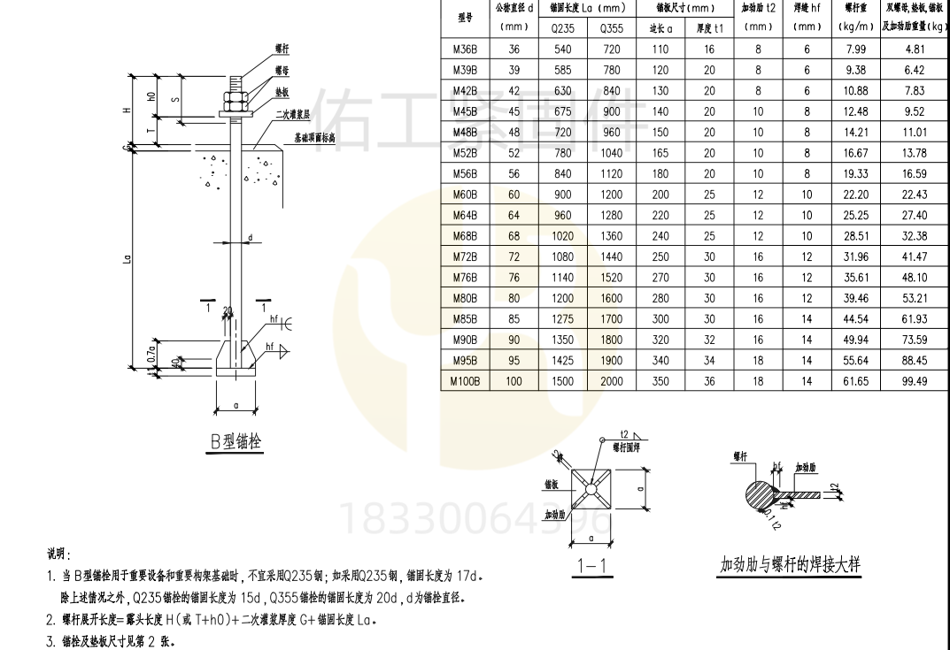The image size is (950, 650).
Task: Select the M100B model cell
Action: point(465,381)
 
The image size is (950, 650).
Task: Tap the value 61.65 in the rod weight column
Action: point(857,381)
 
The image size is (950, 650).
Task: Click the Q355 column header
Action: point(611,27)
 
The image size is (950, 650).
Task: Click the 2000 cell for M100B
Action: point(611,381)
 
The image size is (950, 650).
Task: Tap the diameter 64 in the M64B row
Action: point(514,215)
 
